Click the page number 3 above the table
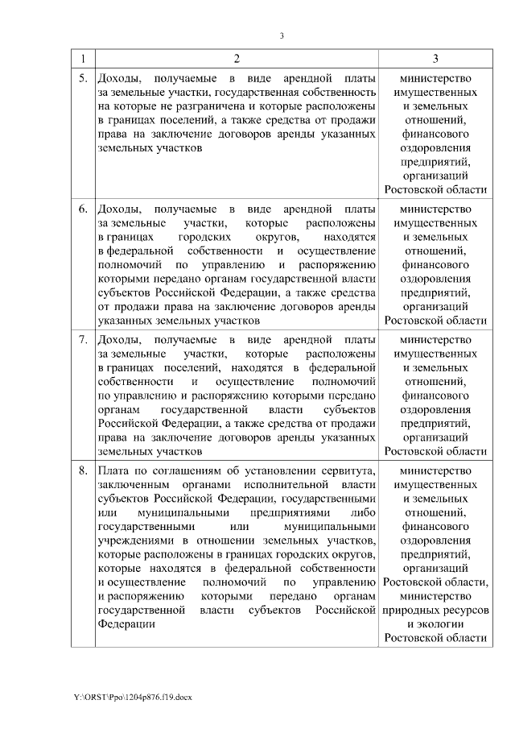point(282,35)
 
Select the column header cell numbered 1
point(83,59)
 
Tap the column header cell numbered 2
point(237,59)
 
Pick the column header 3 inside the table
point(435,59)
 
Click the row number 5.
point(83,79)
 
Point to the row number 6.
point(83,209)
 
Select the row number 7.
point(83,339)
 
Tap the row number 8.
point(83,470)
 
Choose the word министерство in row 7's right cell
point(435,339)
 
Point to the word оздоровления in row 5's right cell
point(435,148)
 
